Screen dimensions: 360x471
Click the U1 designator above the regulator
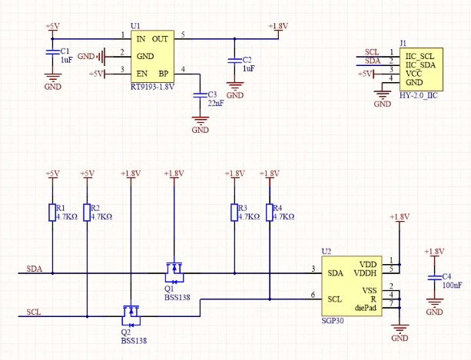[135, 26]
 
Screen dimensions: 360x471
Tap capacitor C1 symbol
[52, 52]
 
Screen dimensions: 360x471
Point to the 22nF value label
[216, 104]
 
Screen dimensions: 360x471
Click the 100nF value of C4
[452, 286]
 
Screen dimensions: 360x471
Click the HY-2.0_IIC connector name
[422, 93]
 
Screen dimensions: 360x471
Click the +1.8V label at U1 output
[278, 26]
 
